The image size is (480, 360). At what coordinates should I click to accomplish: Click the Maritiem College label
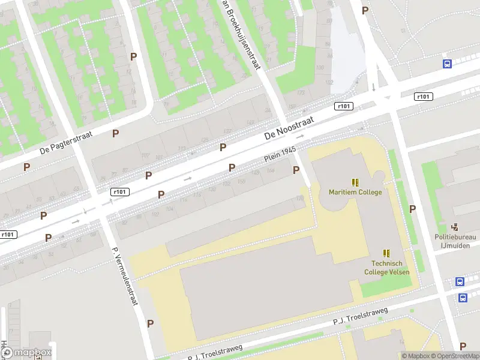pyautogui.click(x=355, y=193)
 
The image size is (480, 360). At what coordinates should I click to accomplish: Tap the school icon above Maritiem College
pyautogui.click(x=355, y=182)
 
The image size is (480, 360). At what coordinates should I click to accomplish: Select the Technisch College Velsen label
pyautogui.click(x=386, y=268)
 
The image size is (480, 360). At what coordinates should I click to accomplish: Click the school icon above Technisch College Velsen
pyautogui.click(x=386, y=253)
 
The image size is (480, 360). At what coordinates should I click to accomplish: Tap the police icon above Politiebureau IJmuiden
pyautogui.click(x=455, y=227)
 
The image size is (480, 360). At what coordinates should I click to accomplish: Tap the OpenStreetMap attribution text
pyautogui.click(x=455, y=356)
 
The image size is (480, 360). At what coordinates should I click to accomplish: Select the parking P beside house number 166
pyautogui.click(x=296, y=170)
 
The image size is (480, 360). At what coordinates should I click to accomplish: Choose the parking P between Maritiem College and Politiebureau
pyautogui.click(x=412, y=209)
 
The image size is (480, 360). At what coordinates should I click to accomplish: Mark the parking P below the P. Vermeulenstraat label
pyautogui.click(x=150, y=323)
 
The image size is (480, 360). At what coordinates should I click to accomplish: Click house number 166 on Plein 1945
pyautogui.click(x=271, y=171)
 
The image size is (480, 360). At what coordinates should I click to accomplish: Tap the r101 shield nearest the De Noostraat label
pyautogui.click(x=344, y=106)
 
